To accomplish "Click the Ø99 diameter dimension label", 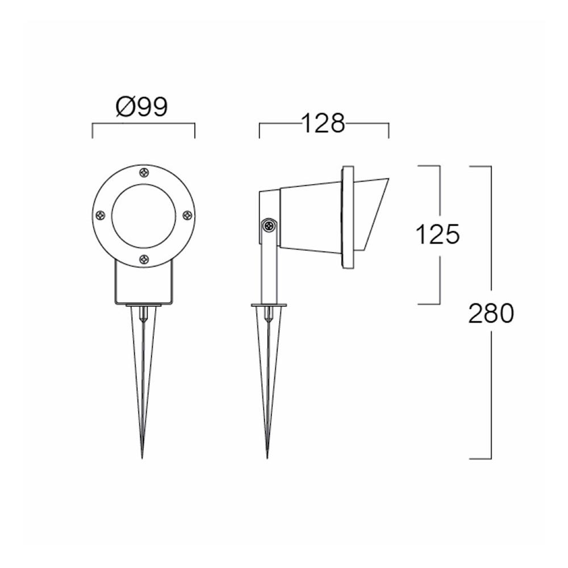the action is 141,107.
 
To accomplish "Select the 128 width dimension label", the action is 323,123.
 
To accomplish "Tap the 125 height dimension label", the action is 437,234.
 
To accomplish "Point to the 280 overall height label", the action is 491,313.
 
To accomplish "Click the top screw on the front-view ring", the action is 144,172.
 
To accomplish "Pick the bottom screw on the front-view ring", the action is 144,259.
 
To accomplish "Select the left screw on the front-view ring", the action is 100,215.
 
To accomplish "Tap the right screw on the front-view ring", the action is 187,215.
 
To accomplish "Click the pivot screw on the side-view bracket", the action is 269,226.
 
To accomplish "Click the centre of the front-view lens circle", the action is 144,215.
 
